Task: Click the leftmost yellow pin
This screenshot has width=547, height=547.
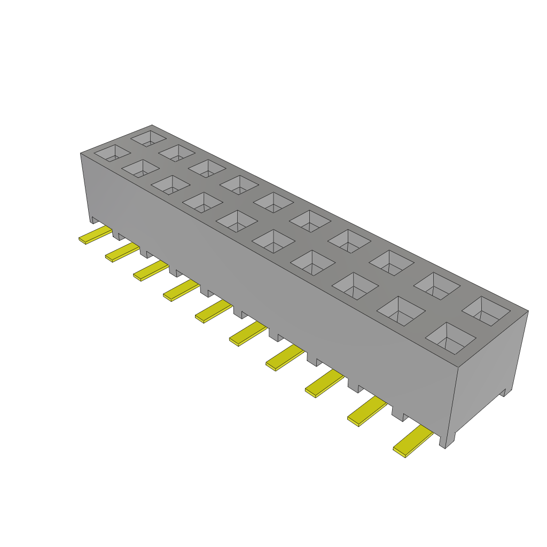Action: (x=95, y=235)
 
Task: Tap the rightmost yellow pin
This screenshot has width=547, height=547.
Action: (x=413, y=443)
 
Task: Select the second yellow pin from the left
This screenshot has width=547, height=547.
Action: (x=122, y=252)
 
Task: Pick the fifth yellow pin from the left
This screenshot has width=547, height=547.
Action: (x=214, y=311)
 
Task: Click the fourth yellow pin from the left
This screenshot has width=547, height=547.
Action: (x=181, y=291)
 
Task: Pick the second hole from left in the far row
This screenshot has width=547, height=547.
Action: (x=176, y=152)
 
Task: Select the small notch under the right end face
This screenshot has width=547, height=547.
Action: (x=503, y=394)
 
